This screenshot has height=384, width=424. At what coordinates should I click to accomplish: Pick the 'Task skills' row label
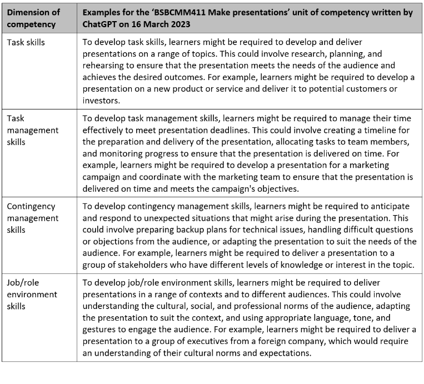[x=26, y=42]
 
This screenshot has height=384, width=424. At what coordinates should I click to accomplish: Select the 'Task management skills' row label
[x=32, y=130]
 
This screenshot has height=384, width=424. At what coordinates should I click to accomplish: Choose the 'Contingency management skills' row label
[x=32, y=218]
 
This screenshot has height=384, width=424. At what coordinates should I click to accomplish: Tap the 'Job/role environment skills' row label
[x=32, y=295]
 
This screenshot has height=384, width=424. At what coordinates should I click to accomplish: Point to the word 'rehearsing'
[x=104, y=66]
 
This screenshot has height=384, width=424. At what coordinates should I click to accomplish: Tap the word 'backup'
[x=184, y=230]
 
